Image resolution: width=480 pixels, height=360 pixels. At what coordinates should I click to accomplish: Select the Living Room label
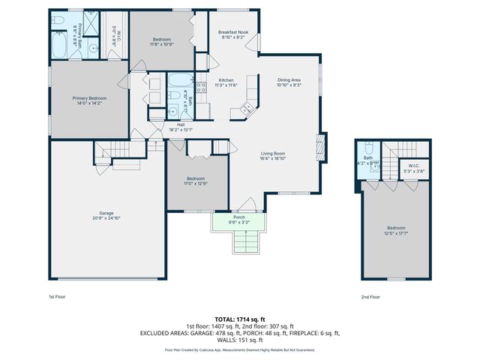coord(273,153)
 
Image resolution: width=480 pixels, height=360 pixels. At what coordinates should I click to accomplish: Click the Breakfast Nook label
coord(233,33)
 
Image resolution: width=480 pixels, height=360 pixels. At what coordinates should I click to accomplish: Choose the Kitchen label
coord(226,80)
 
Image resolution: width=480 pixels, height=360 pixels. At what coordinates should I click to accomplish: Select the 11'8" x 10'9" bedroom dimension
coord(163,44)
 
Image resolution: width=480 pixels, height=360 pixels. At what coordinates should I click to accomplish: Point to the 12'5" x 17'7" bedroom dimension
coord(396,232)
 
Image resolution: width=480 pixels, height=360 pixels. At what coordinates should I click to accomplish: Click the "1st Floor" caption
coord(58,296)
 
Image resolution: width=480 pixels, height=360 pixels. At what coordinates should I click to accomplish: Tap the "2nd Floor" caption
coord(370,296)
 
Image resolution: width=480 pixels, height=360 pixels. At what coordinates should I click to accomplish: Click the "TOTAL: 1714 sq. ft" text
coord(239,319)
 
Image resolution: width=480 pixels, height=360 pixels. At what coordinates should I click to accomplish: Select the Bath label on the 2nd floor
coord(368,157)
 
